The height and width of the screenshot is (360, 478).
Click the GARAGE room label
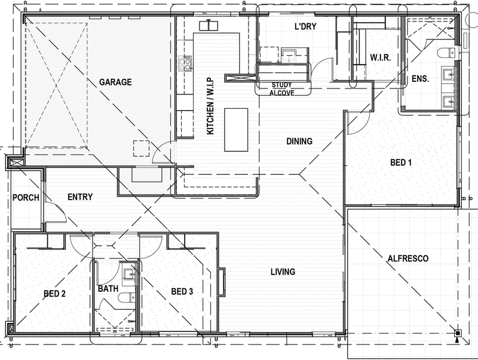(x=115, y=82)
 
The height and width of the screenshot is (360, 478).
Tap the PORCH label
(x=26, y=198)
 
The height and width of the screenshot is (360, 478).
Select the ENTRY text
(x=80, y=197)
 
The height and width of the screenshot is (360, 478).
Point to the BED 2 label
(x=54, y=294)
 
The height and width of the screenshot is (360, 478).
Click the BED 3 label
(x=182, y=292)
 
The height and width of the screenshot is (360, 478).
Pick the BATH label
(x=108, y=289)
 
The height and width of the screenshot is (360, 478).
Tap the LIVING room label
(x=283, y=271)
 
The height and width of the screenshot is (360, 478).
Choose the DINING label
(x=299, y=141)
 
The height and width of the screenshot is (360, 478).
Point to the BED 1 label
(x=401, y=162)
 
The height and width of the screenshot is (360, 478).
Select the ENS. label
(x=421, y=79)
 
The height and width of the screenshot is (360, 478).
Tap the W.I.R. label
(x=381, y=57)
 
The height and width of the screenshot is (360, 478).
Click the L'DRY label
(x=305, y=26)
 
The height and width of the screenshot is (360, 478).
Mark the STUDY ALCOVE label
(x=281, y=89)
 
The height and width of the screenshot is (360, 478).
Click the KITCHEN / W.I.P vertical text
(x=210, y=106)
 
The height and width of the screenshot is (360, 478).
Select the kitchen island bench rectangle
(x=236, y=130)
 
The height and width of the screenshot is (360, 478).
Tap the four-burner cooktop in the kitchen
(x=185, y=63)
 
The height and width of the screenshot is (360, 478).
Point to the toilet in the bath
(x=127, y=297)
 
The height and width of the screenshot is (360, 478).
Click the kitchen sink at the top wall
(x=209, y=26)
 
